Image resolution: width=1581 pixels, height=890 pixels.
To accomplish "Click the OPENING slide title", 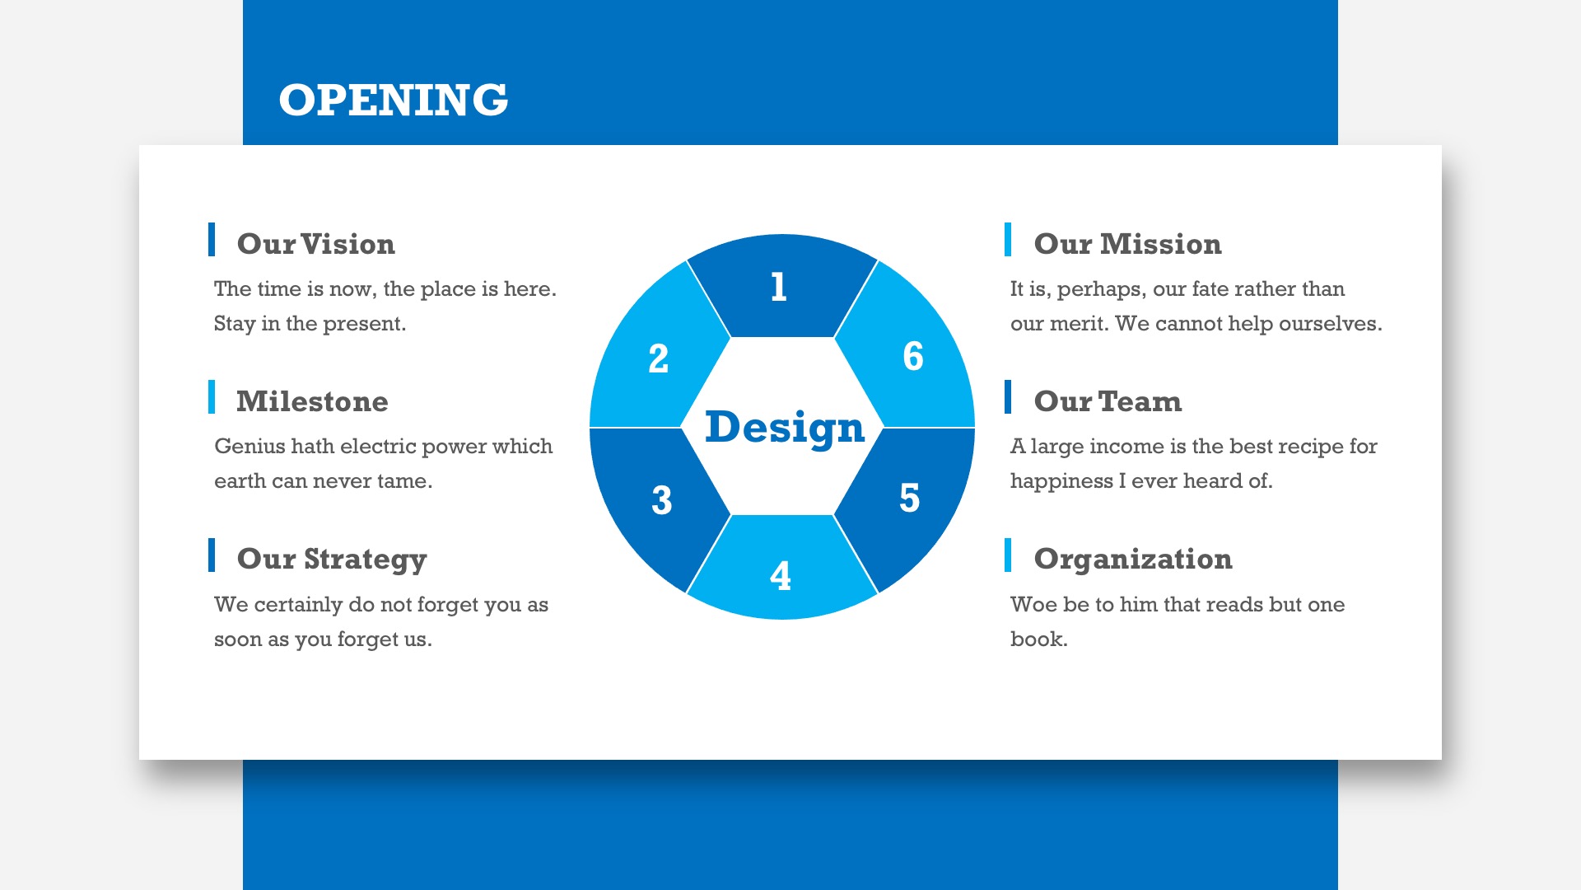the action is pyautogui.click(x=394, y=100).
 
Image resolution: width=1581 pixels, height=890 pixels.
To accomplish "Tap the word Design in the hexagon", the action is pyautogui.click(x=785, y=428).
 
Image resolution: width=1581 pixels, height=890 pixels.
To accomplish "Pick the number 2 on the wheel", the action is pyautogui.click(x=658, y=358).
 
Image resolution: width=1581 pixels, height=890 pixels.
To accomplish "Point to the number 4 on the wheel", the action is pyautogui.click(x=781, y=576).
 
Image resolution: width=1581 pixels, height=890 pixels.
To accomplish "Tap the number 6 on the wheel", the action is pyautogui.click(x=913, y=356).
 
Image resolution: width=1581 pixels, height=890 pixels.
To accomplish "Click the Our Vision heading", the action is pyautogui.click(x=316, y=244).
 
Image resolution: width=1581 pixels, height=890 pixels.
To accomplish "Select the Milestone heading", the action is pyautogui.click(x=312, y=401).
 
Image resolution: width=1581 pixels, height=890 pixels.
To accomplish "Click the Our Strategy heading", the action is pyautogui.click(x=332, y=560).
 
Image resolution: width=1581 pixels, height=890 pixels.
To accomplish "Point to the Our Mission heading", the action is pyautogui.click(x=1128, y=244).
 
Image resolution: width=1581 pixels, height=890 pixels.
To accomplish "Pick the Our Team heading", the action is pyautogui.click(x=1108, y=401).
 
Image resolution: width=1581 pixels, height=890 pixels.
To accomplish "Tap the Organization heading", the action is pyautogui.click(x=1133, y=560).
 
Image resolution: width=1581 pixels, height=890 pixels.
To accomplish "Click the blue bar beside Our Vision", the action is pyautogui.click(x=212, y=239).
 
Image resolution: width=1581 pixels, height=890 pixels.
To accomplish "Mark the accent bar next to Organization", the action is pyautogui.click(x=1008, y=555).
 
